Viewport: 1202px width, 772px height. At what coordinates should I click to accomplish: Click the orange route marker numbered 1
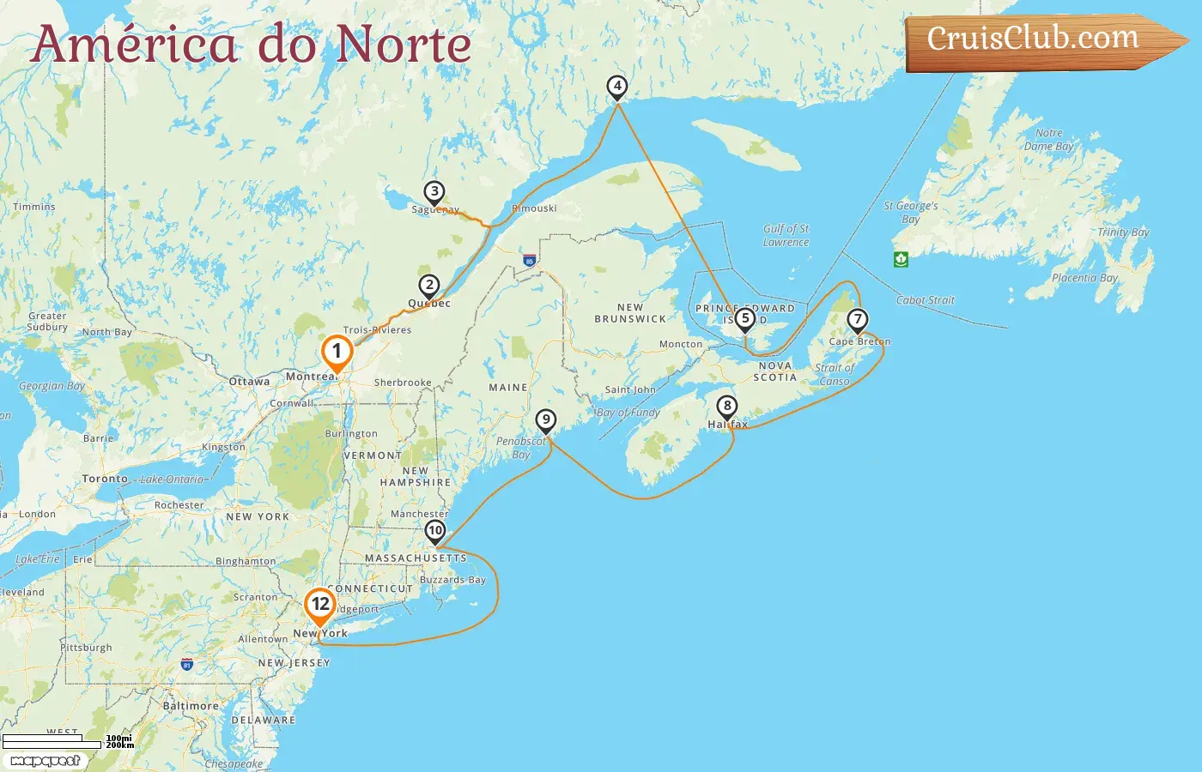click(x=337, y=352)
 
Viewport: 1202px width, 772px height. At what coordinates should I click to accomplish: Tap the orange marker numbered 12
click(x=320, y=605)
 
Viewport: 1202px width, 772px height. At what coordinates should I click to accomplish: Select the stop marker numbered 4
click(x=616, y=86)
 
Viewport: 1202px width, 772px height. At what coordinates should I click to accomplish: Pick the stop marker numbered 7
click(x=857, y=320)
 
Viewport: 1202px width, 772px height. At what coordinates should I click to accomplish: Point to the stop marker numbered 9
click(x=546, y=420)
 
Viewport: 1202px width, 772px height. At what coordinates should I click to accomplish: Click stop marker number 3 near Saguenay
click(x=434, y=192)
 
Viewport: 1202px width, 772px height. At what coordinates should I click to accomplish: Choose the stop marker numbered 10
click(x=435, y=531)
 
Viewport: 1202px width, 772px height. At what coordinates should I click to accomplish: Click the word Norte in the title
click(x=404, y=45)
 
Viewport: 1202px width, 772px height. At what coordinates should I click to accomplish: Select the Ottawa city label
click(x=249, y=382)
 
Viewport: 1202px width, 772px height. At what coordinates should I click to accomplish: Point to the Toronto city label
click(x=105, y=479)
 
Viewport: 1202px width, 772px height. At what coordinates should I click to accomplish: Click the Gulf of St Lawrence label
click(x=786, y=236)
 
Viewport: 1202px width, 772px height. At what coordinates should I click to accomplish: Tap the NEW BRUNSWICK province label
click(x=630, y=313)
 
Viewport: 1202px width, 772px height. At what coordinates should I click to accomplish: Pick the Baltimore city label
click(x=191, y=706)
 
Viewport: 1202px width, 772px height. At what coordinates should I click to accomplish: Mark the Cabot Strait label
click(x=926, y=300)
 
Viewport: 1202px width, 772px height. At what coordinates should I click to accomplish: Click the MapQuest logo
click(x=45, y=761)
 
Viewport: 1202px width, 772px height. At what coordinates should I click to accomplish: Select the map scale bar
click(x=52, y=741)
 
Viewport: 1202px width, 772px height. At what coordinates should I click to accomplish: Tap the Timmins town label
click(x=34, y=207)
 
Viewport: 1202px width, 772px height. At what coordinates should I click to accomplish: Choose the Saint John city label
click(x=630, y=389)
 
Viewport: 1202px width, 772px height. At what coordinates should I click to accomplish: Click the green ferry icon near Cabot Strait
click(x=901, y=259)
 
